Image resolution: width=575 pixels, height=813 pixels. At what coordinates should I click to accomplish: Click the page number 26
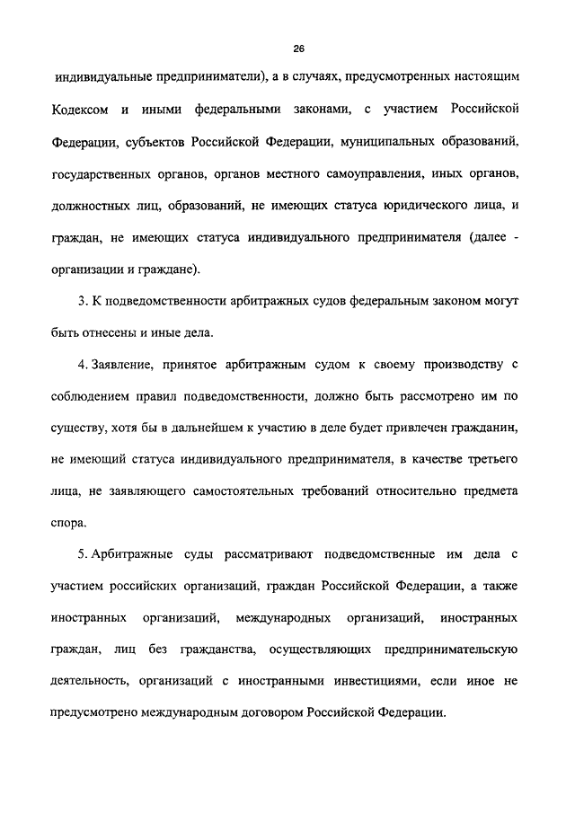coord(287,48)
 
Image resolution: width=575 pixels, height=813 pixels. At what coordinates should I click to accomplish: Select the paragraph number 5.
coord(83,555)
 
